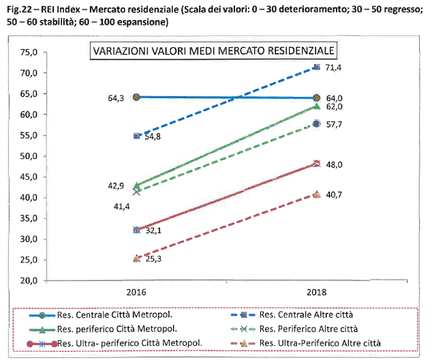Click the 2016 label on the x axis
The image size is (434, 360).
click(136, 292)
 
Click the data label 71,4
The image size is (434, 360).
click(335, 67)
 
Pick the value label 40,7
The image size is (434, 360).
click(335, 194)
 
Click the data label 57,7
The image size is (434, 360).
click(335, 124)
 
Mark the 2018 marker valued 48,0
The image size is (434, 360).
click(317, 164)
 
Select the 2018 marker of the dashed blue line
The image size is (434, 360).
click(317, 67)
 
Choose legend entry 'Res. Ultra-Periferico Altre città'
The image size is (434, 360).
click(322, 343)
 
